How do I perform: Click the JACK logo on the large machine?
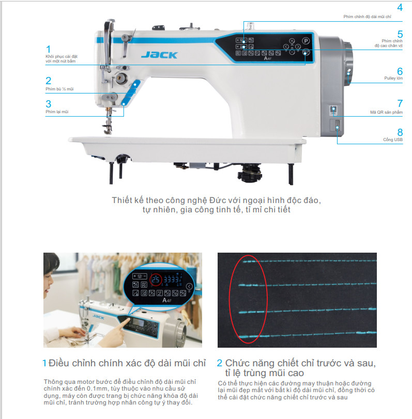coord(159,55)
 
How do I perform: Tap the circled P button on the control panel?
coord(306,41)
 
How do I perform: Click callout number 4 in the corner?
coord(400,7)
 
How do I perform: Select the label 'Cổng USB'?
coord(393,139)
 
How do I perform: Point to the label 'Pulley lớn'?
coord(393,78)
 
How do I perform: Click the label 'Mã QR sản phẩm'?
coord(386,112)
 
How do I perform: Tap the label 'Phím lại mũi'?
coord(57,112)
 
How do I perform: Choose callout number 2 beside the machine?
coord(49,81)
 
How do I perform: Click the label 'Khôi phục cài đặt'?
coord(62,56)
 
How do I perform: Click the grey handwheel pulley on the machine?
coord(347,64)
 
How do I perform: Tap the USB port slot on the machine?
coord(337,125)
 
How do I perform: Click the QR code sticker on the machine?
coord(333,110)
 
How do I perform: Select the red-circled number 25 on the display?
coord(156,280)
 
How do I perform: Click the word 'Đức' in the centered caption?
coord(216,200)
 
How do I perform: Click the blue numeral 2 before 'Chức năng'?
coord(220,363)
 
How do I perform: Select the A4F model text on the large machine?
coord(268,58)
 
